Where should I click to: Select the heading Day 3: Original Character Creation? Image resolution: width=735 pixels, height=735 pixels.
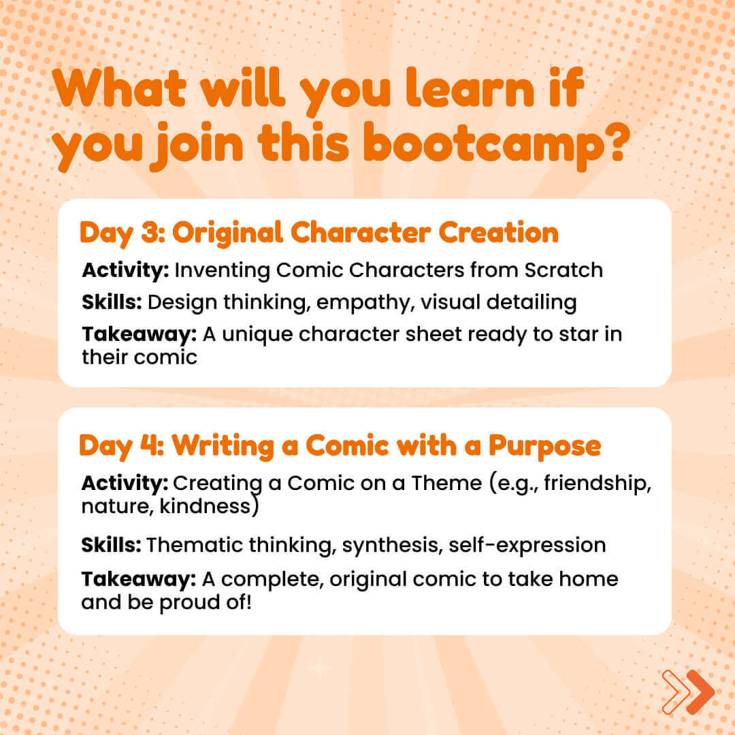pos(319,233)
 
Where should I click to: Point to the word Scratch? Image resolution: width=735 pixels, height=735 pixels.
pos(563,270)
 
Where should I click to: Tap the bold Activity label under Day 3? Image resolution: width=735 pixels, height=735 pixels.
pos(126,271)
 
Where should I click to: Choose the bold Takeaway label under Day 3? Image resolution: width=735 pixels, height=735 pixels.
pos(140,334)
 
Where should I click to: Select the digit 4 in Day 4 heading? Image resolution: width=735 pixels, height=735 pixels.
pos(148,445)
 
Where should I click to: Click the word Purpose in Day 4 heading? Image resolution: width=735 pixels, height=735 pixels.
pos(544,446)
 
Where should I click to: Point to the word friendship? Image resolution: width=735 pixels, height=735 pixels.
pos(598,483)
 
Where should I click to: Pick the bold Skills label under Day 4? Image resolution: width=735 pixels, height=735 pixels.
pos(111,544)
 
